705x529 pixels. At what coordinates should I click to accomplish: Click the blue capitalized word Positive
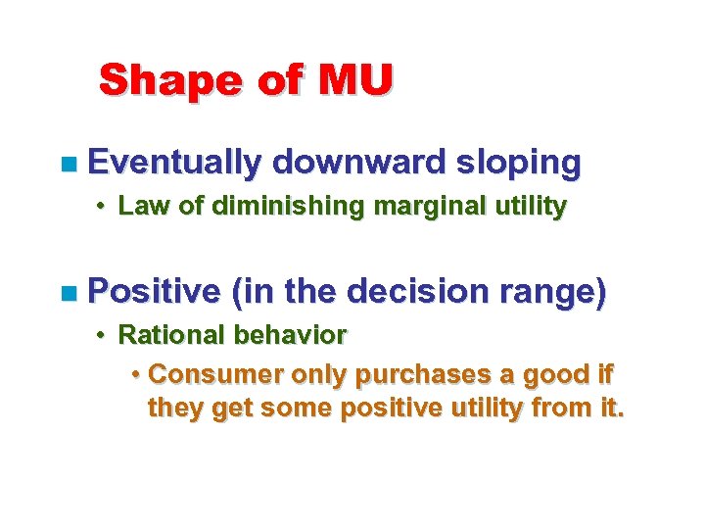coord(155,292)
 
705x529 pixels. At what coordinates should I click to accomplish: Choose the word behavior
coord(290,335)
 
